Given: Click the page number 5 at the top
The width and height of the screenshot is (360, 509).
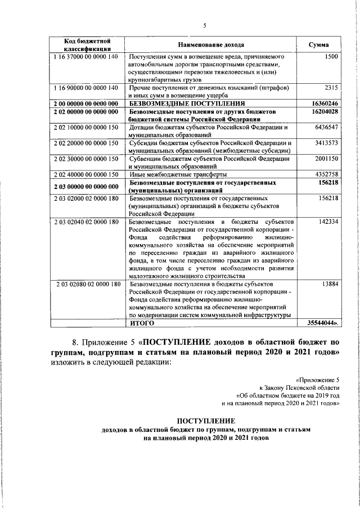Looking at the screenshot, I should (205, 25).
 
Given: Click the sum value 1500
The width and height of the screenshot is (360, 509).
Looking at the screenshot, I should (331, 57).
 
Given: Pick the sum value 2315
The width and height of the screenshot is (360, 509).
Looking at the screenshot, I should (331, 88).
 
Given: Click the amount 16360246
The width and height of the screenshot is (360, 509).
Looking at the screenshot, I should (325, 104).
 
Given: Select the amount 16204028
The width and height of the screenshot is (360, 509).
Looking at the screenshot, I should (325, 112).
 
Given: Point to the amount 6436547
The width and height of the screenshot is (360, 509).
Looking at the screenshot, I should (326, 128).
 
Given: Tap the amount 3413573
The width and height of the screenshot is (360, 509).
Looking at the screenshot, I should (326, 143).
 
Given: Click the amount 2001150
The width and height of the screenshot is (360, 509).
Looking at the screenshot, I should (326, 159).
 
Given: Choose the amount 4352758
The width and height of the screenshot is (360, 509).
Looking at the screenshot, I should (326, 175).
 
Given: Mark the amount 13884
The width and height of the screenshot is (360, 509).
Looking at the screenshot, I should (330, 285).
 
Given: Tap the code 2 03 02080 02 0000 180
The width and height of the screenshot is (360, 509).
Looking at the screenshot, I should (88, 285).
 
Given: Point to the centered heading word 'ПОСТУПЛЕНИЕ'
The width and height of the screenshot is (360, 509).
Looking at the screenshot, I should (205, 421).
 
